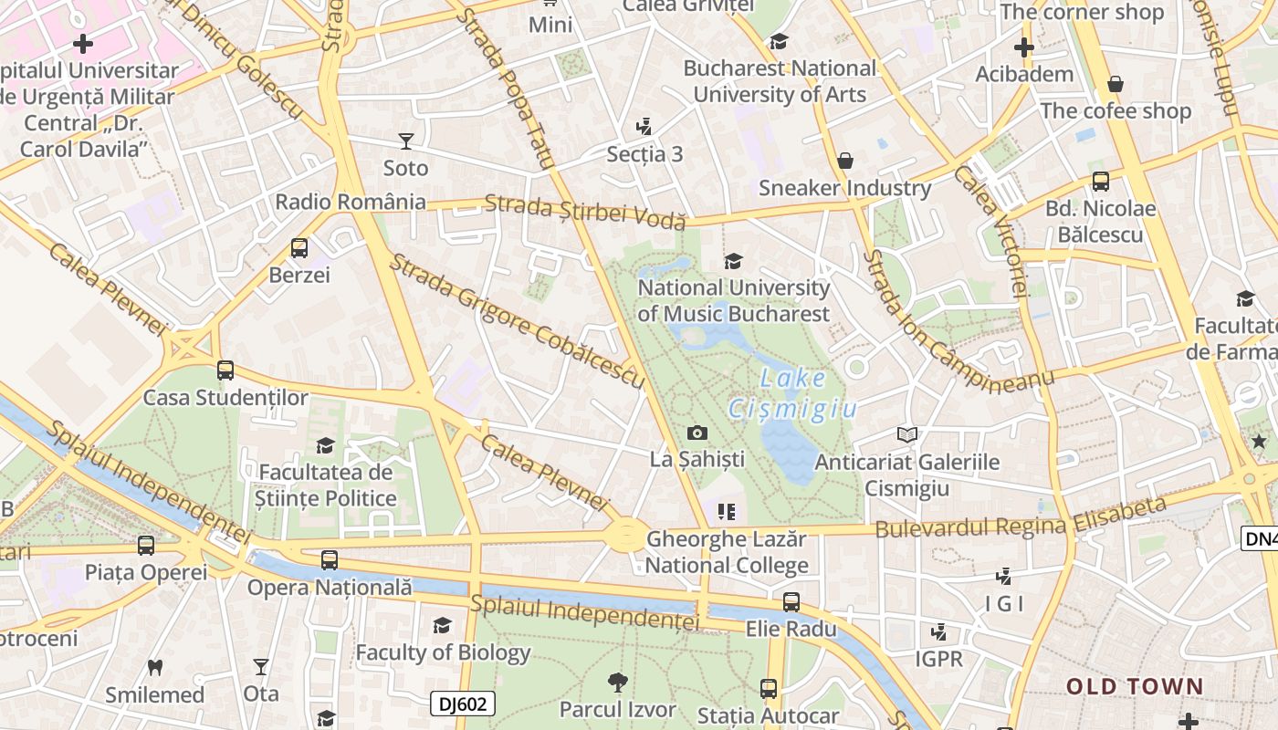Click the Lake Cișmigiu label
click(792, 393)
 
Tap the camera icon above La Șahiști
click(697, 433)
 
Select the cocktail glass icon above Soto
click(406, 141)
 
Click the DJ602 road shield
click(463, 704)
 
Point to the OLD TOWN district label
click(1135, 686)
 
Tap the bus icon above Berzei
click(299, 247)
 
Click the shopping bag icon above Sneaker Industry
click(845, 161)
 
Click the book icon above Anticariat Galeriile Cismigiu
click(906, 434)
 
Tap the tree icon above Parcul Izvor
click(618, 682)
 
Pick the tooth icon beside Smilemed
click(155, 667)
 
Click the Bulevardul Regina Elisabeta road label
click(1021, 517)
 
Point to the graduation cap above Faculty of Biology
click(443, 625)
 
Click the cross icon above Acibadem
click(1024, 47)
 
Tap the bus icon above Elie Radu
click(791, 602)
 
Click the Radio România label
click(351, 202)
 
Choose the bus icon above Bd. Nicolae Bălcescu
click(1101, 182)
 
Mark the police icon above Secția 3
click(644, 126)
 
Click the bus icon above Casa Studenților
click(225, 370)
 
